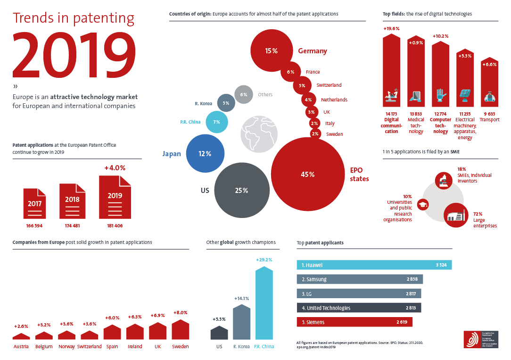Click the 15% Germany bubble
pos(271,50)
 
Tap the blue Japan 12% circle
pos(205,153)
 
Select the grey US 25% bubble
pos(241,190)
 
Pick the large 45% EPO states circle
pos(307,174)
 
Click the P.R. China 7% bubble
pos(216,122)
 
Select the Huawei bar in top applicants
pos(374,265)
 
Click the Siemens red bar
pos(354,322)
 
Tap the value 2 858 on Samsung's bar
pos(412,279)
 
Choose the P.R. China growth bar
pos(264,304)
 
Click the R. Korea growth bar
pos(241,322)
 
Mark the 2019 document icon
pos(115,197)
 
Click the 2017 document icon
pos(34,205)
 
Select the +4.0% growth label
pos(115,167)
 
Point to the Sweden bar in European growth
pos(180,330)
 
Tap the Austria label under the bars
pos(21,346)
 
